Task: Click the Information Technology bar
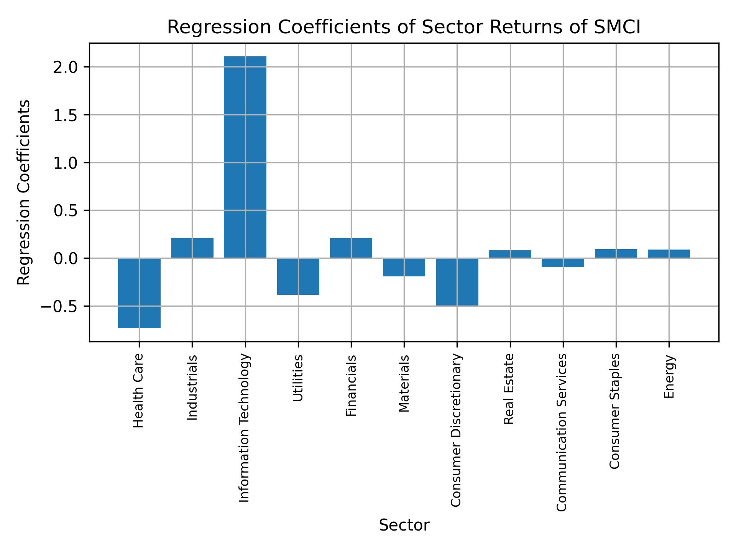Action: click(245, 157)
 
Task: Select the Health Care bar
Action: click(139, 293)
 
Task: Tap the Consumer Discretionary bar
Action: click(457, 282)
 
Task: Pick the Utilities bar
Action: click(298, 276)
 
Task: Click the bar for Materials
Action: click(404, 267)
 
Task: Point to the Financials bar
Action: click(351, 248)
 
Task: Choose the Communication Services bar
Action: click(563, 263)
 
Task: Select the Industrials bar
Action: click(192, 248)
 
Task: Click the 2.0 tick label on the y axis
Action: click(66, 67)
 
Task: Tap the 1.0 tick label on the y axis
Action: click(66, 163)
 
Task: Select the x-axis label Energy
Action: click(669, 377)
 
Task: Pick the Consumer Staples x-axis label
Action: click(614, 411)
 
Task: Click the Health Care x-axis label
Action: click(138, 390)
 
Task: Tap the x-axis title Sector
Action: click(404, 525)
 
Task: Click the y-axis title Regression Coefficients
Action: click(24, 192)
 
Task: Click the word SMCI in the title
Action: click(617, 28)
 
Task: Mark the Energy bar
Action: click(669, 254)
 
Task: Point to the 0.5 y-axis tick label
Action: click(66, 211)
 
